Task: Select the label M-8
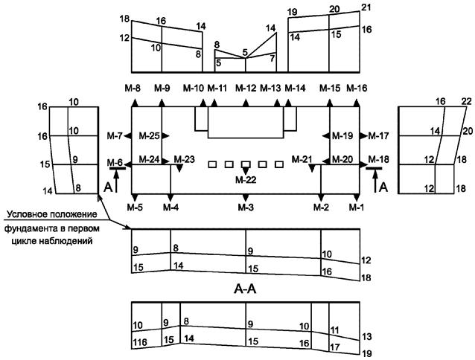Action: [134, 88]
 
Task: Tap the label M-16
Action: [357, 88]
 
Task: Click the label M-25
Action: [150, 135]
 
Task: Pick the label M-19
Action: [342, 135]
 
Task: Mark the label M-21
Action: [302, 158]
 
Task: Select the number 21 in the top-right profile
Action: [366, 7]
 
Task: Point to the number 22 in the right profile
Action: [466, 101]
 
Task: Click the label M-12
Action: [246, 88]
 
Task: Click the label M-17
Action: [379, 135]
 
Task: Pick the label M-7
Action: [114, 135]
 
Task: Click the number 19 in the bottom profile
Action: [366, 354]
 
